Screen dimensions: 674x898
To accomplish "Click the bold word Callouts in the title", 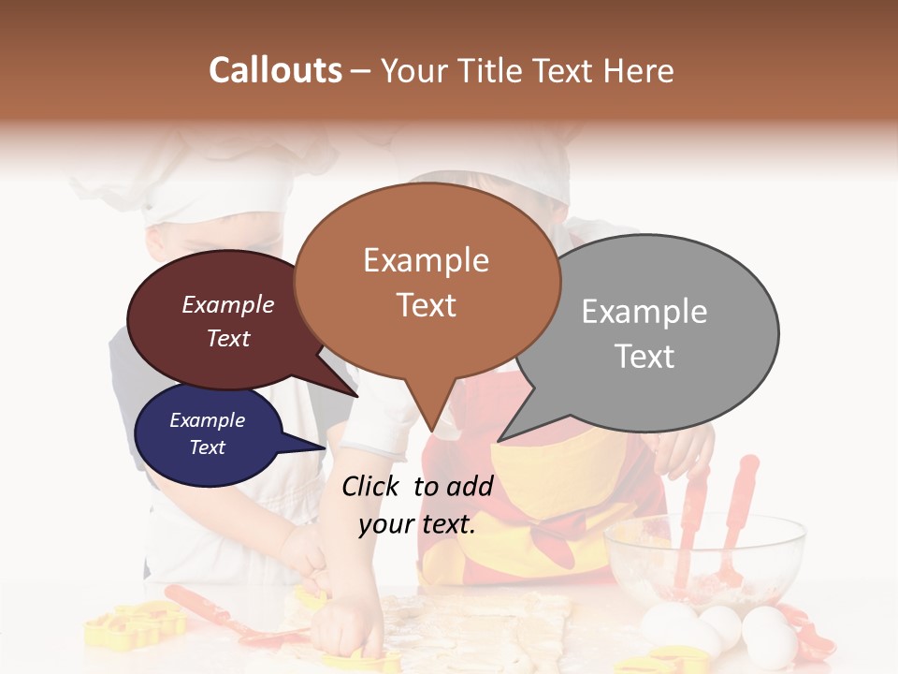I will pyautogui.click(x=275, y=70).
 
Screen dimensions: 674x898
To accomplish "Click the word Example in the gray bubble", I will pyautogui.click(x=645, y=312).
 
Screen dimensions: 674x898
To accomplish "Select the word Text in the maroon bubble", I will pyautogui.click(x=227, y=339).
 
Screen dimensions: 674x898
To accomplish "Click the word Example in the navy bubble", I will pyautogui.click(x=207, y=420).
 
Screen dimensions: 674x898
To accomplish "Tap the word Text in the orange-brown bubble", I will pyautogui.click(x=427, y=305).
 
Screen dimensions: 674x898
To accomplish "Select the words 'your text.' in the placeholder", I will pyautogui.click(x=417, y=524).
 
